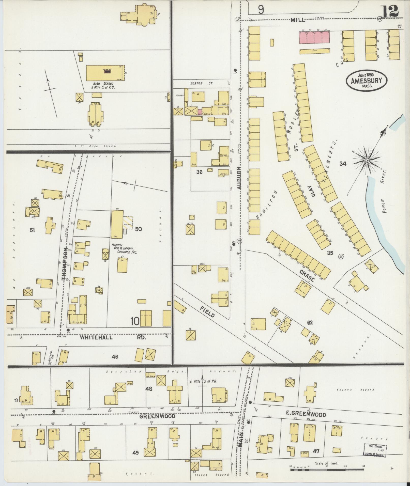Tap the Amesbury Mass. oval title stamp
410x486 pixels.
tap(366, 80)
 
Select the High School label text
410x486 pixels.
tap(103, 85)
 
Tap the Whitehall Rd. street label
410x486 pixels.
tap(113, 338)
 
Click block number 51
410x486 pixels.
tap(32, 230)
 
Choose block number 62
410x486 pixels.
tap(310, 323)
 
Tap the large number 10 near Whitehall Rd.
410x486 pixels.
tap(135, 322)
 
